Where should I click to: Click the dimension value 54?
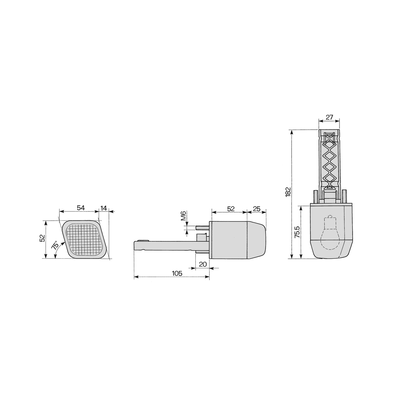[x=81, y=208]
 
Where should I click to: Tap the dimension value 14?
[x=104, y=208]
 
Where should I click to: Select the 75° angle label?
[x=55, y=245]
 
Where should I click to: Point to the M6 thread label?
[x=184, y=215]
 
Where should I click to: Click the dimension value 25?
[x=257, y=209]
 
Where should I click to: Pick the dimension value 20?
[x=203, y=264]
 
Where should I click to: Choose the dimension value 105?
[x=177, y=274]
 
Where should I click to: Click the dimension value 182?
[x=288, y=192]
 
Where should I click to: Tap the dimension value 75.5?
[x=297, y=232]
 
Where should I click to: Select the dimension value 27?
[x=329, y=117]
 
